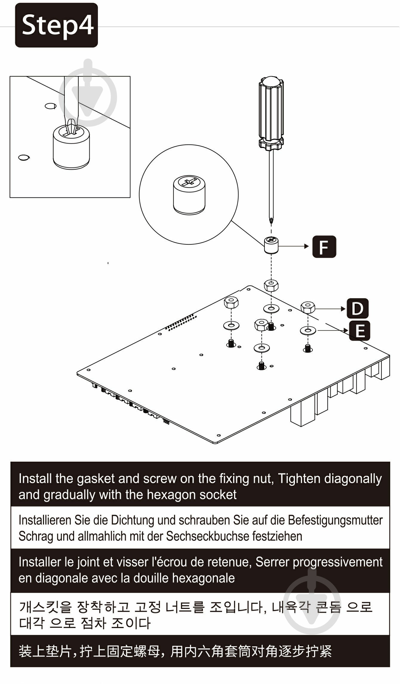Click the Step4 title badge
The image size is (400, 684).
click(x=56, y=25)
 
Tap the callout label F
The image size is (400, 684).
click(x=324, y=247)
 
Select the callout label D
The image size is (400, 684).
click(x=357, y=308)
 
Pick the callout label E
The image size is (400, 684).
click(x=360, y=330)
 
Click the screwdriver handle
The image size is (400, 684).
click(x=271, y=114)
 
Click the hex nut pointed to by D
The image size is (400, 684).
click(x=308, y=307)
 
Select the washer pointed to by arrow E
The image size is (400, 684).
click(x=308, y=330)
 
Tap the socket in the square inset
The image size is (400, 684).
click(x=71, y=147)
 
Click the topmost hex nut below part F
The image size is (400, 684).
click(x=271, y=285)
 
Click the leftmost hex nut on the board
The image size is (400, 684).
click(x=231, y=303)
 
